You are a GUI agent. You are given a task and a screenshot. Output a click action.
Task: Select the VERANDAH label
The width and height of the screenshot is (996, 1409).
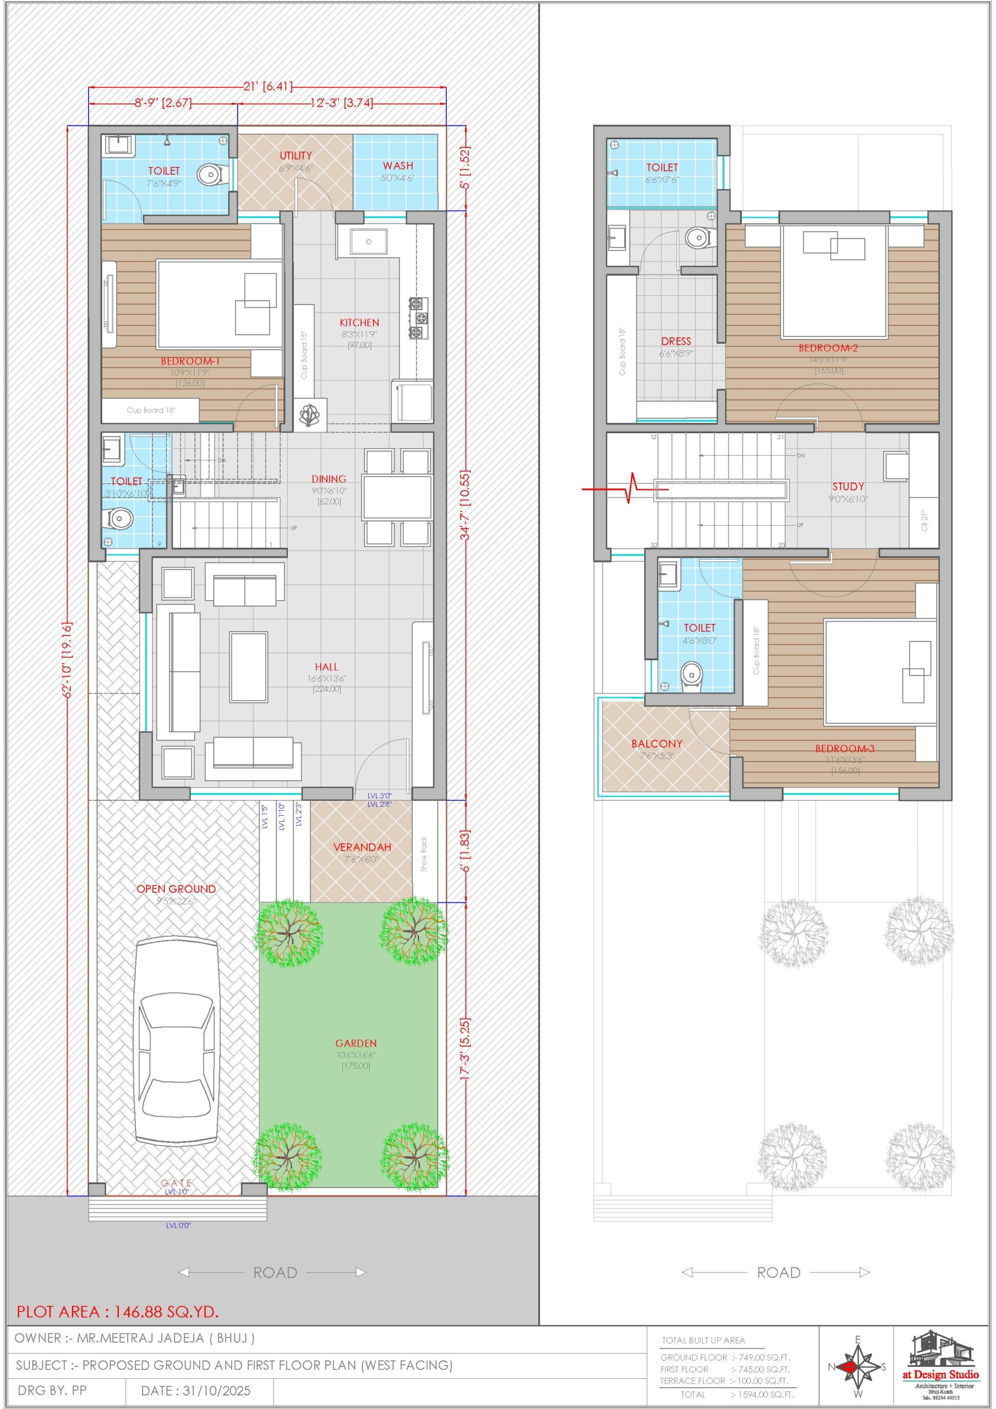[362, 848]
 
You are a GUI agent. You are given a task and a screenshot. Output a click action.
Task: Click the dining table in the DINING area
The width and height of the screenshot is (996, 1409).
[397, 497]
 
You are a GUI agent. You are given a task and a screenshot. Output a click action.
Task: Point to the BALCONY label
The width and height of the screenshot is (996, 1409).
[656, 744]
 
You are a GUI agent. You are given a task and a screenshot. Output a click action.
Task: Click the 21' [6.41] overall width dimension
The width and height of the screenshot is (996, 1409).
[267, 86]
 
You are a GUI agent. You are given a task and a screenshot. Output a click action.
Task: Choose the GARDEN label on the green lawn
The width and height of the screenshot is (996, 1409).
[356, 1043]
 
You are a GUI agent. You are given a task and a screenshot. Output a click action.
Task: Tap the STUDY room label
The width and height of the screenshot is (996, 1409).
[848, 487]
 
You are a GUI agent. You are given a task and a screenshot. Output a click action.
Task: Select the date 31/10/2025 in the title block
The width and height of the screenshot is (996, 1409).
[196, 1391]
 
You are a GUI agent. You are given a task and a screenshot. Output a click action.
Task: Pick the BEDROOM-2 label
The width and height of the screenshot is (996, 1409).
[828, 348]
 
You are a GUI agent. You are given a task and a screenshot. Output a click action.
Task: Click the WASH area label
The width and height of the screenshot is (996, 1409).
[398, 166]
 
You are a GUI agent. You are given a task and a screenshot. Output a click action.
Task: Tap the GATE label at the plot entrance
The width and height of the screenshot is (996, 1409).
[176, 1183]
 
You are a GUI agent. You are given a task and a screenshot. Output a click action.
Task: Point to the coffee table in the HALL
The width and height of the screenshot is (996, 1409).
[249, 667]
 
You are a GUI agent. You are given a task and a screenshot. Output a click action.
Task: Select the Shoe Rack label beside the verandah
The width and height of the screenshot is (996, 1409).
[424, 854]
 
